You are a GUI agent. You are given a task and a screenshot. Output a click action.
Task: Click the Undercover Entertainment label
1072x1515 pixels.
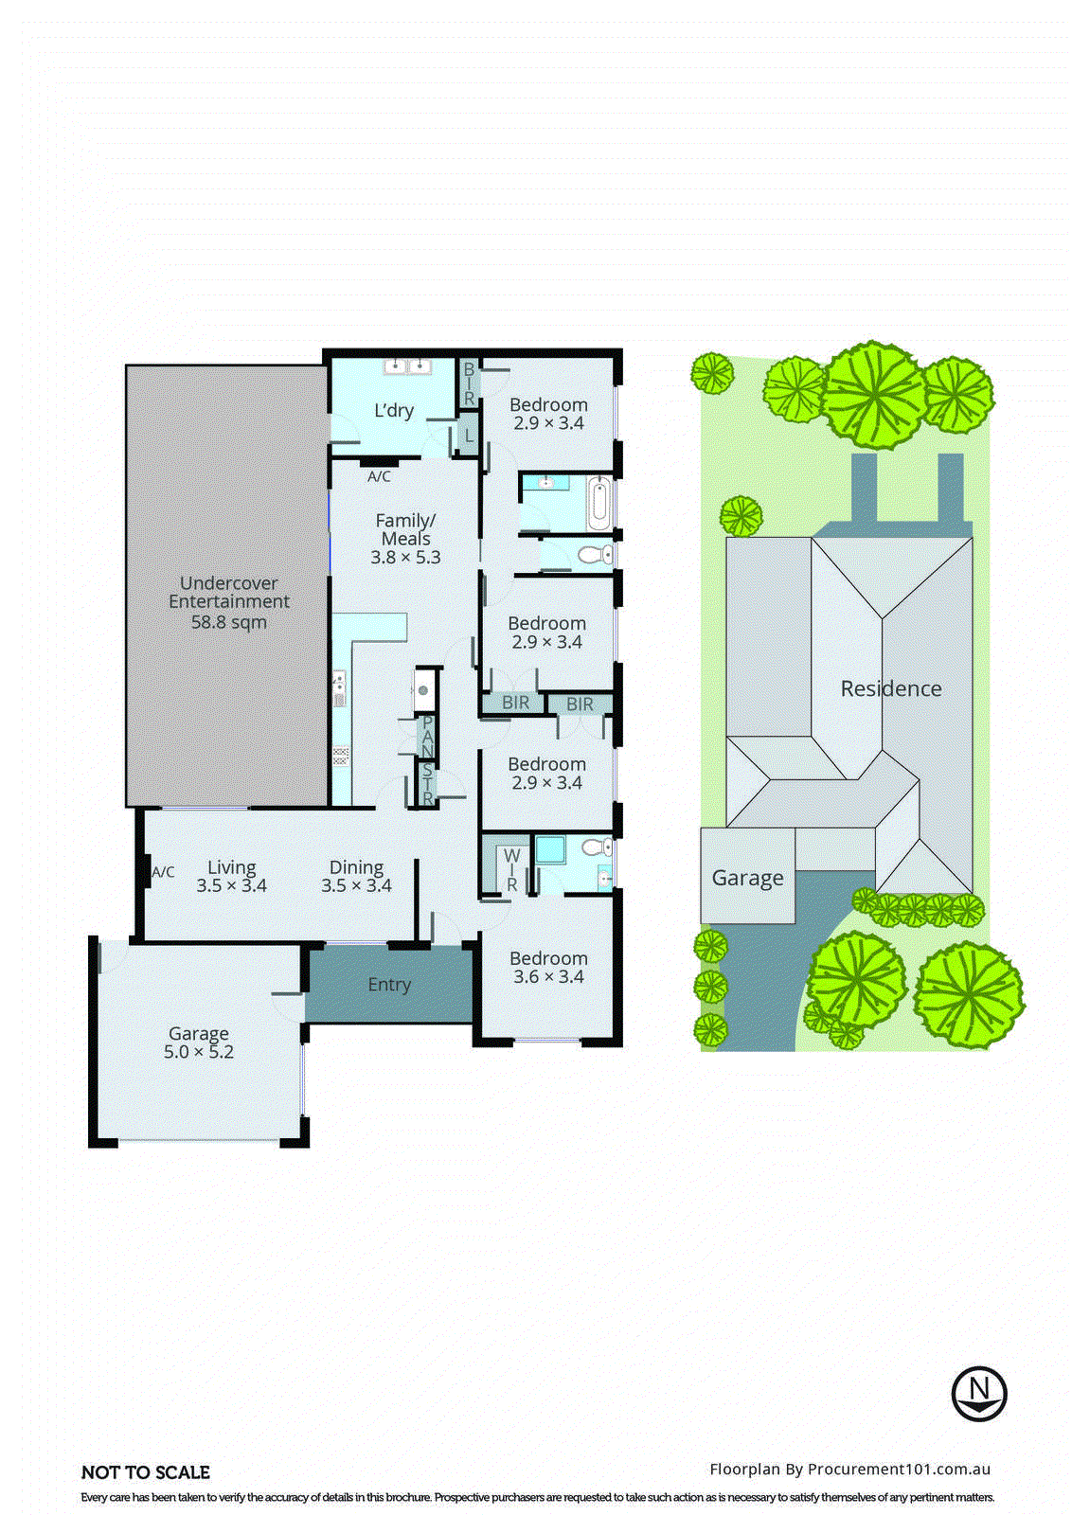(x=228, y=602)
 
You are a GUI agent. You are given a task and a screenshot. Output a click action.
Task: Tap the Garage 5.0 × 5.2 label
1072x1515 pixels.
(x=199, y=1043)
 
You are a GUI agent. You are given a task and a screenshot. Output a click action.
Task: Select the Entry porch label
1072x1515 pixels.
(x=389, y=985)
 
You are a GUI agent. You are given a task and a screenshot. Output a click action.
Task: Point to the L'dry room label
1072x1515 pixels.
(x=394, y=411)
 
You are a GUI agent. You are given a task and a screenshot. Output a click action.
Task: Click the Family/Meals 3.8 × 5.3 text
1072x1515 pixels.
(x=405, y=539)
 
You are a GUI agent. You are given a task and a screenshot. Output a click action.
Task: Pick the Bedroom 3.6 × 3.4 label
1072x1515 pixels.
(x=548, y=967)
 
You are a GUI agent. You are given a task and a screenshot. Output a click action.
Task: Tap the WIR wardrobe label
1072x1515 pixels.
(x=511, y=869)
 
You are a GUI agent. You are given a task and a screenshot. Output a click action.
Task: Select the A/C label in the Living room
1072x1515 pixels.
(x=163, y=872)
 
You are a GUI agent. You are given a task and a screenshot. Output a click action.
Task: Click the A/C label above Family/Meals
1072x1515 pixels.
(x=379, y=477)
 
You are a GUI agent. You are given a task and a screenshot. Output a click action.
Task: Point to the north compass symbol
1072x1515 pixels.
(x=979, y=1393)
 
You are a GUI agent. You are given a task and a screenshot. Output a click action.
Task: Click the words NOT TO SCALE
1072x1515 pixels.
(x=146, y=1472)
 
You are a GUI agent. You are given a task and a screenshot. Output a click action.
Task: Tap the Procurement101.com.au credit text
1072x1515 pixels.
(x=849, y=1470)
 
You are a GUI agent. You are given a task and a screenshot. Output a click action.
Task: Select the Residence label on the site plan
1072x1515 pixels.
(x=891, y=688)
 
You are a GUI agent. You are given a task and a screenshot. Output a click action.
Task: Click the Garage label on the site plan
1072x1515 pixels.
(x=747, y=878)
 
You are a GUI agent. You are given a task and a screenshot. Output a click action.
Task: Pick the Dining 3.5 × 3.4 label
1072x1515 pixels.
(x=356, y=876)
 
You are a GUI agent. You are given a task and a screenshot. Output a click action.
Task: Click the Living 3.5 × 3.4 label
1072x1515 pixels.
(x=231, y=876)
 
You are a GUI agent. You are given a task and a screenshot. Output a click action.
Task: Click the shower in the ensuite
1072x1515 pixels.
(x=549, y=849)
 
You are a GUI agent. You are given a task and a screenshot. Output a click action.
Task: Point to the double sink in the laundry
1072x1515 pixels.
(x=408, y=366)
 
